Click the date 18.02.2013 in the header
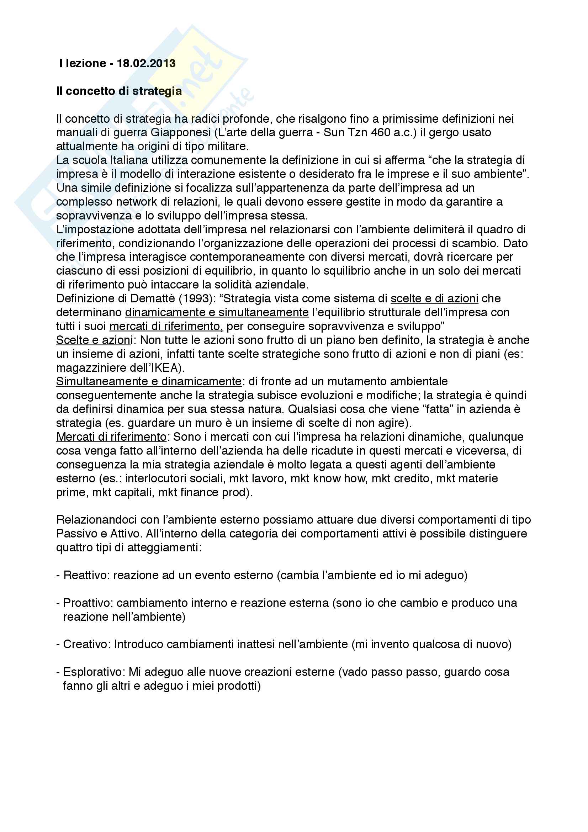pyautogui.click(x=146, y=63)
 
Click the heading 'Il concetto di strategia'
pyautogui.click(x=119, y=91)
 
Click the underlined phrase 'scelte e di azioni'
pyautogui.click(x=434, y=298)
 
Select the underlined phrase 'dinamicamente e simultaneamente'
pyautogui.click(x=217, y=312)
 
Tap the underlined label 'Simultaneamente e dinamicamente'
pyautogui.click(x=149, y=382)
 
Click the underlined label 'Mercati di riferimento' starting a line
pyautogui.click(x=111, y=437)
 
